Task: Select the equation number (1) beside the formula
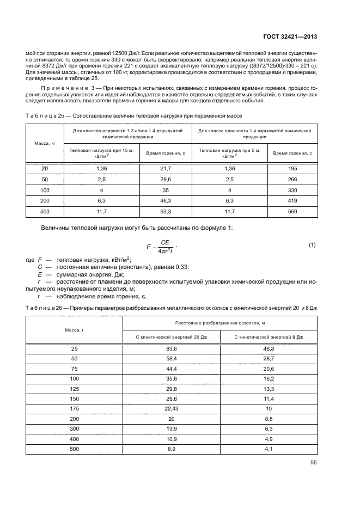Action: pos(312,245)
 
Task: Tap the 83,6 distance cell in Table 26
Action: pos(172,348)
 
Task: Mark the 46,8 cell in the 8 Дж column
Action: pos(269,348)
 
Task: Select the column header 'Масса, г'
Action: pos(74,331)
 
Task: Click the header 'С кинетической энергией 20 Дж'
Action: pos(172,337)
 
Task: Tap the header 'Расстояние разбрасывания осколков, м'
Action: pos(221,324)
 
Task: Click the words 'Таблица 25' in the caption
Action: pos(41,116)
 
